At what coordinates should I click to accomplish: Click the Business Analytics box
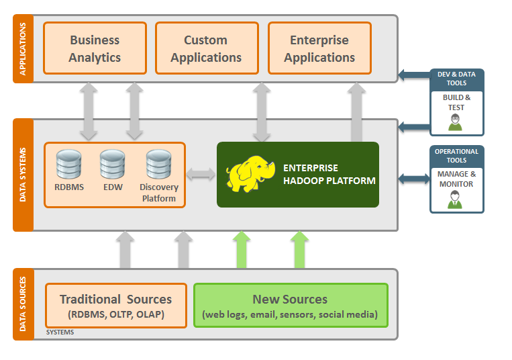tap(95, 48)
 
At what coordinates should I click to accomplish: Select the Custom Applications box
tap(207, 48)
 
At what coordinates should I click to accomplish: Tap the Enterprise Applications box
tap(319, 48)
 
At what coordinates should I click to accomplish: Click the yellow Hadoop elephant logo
tap(250, 173)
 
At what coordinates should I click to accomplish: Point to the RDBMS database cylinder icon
tap(68, 165)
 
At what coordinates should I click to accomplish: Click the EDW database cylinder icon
tap(112, 165)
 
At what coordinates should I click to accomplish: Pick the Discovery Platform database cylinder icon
tap(158, 165)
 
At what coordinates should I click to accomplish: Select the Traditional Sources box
tap(116, 306)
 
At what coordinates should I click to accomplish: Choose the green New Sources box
tap(291, 306)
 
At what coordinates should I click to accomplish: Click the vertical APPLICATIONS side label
tap(23, 49)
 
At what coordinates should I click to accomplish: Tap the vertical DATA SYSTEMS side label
tap(23, 175)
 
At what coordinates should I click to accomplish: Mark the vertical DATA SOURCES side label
tap(23, 304)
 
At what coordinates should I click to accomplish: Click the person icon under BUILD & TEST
tap(455, 122)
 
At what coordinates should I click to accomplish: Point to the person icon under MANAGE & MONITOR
tap(455, 200)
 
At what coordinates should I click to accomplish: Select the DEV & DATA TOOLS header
tap(456, 79)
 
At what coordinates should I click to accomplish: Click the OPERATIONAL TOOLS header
tap(456, 156)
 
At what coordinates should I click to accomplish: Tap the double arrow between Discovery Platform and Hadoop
tap(201, 174)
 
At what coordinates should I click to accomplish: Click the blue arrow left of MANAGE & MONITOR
tap(414, 179)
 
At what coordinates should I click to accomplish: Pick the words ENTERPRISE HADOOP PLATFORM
tap(329, 174)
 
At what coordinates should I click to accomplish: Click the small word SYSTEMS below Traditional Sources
tap(60, 332)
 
